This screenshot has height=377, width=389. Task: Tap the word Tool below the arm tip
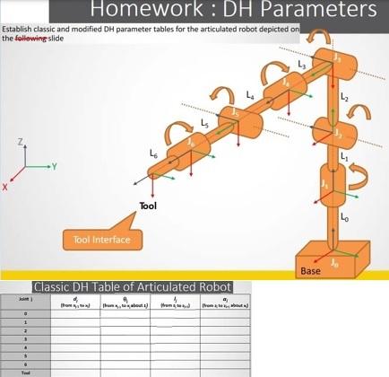click(x=149, y=207)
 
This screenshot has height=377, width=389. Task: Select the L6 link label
click(x=154, y=154)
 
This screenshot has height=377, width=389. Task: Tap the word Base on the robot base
click(x=311, y=269)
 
